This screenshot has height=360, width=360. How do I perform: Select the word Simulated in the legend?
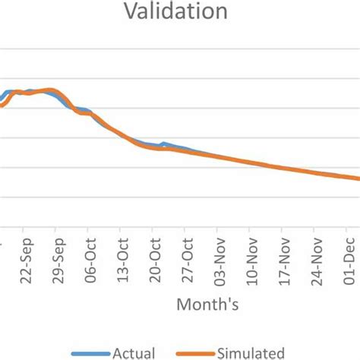coord(251,352)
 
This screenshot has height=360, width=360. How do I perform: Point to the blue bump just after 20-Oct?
coord(164,144)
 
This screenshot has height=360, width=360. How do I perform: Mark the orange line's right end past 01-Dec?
coord(358,179)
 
